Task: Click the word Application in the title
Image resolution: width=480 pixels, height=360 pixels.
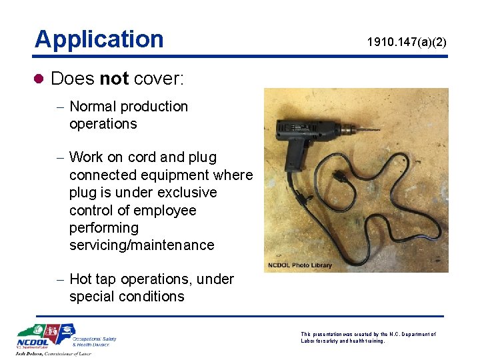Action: [99, 39]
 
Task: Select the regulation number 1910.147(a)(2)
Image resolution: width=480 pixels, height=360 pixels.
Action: [407, 43]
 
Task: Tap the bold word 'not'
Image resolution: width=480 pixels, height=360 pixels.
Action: [114, 79]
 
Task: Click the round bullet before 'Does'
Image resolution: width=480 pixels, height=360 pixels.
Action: [39, 79]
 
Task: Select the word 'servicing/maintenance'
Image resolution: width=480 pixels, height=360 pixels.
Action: [141, 245]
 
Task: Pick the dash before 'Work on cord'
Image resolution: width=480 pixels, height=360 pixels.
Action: [60, 158]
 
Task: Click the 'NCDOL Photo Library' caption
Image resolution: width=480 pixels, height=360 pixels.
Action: [299, 265]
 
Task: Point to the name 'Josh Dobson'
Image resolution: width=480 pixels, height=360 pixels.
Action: [35, 354]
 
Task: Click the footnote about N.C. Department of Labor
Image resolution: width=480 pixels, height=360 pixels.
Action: [368, 337]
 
